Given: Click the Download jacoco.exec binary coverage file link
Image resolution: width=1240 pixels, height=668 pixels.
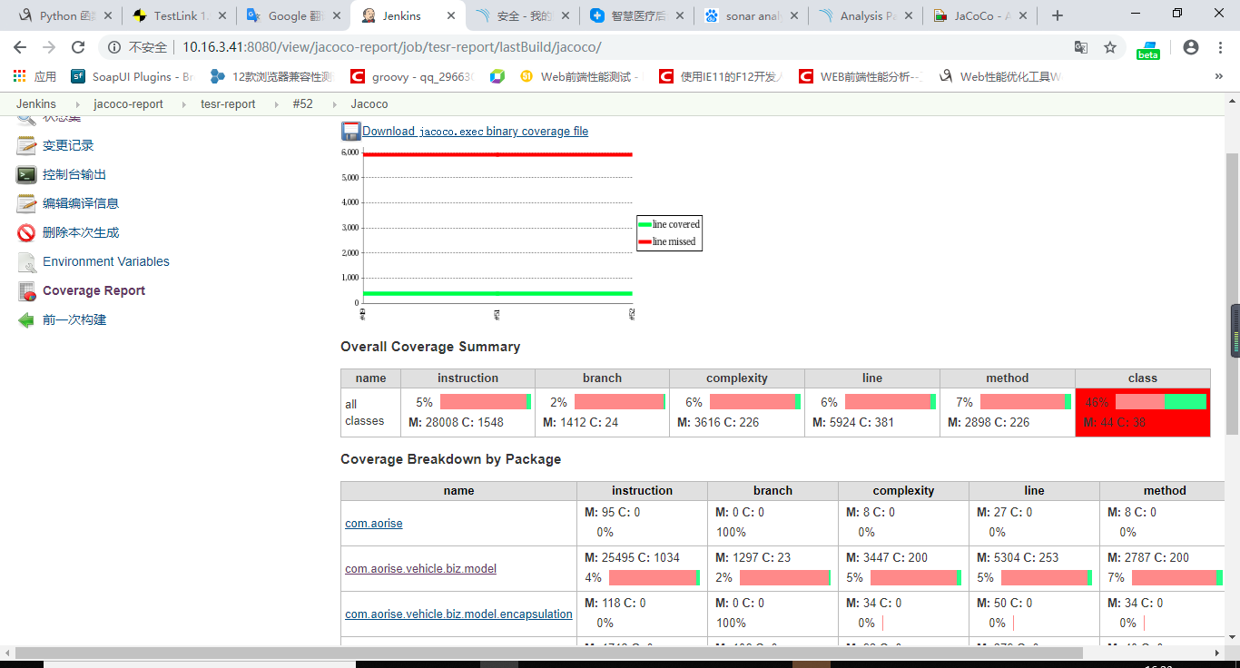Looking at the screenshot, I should point(475,132).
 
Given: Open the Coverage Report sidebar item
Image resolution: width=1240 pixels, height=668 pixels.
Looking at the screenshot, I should point(93,290).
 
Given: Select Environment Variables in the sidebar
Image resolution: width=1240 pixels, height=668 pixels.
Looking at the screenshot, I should point(105,261).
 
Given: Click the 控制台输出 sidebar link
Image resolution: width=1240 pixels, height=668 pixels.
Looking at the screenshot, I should point(74,174).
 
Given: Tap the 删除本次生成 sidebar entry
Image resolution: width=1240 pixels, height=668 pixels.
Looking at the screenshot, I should point(81,232).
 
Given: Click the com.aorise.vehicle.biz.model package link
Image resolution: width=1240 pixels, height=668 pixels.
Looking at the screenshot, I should point(420,569).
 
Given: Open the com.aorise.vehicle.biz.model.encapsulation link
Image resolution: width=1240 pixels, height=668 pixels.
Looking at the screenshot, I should point(458,614).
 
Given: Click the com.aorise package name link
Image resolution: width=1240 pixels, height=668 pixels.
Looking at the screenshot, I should point(373,524).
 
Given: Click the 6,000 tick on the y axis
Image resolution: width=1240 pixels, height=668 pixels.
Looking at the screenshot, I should point(350,152).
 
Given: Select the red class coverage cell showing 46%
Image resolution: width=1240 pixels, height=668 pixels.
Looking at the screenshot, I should point(1142,413).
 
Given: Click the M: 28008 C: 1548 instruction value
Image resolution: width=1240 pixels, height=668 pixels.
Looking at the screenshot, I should point(456,422).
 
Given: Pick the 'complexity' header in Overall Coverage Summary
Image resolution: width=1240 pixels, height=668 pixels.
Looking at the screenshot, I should point(736,378).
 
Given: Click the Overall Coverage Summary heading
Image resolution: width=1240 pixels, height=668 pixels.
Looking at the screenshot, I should point(430,347).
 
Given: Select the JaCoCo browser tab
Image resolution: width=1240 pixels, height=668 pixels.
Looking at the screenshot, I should point(979,15).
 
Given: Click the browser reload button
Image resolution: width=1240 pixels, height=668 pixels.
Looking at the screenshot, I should point(78,47).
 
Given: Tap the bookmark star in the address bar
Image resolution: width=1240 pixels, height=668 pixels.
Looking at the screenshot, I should point(1109,47).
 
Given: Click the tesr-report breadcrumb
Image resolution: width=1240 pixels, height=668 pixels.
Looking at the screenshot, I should point(228,104).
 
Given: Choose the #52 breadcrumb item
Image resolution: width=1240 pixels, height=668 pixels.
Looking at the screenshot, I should point(302,104).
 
